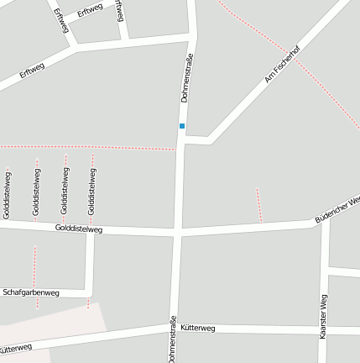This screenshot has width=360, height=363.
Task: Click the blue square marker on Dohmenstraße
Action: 181,126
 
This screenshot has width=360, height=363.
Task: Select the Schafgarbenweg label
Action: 31,292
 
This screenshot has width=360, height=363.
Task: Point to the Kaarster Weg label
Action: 323,316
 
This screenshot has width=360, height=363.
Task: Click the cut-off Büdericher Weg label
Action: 337,210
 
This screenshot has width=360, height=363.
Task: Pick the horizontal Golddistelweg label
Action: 79,229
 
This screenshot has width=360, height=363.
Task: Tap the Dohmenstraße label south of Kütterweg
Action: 173,339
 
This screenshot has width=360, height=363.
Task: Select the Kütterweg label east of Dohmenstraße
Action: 198,328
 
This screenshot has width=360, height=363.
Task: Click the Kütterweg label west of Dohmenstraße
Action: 15,347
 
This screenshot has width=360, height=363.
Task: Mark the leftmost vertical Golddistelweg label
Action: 8,195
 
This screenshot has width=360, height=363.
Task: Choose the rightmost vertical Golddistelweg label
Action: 91,191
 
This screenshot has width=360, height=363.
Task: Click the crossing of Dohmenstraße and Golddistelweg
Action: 177,230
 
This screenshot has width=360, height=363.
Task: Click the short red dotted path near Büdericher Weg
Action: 259,204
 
